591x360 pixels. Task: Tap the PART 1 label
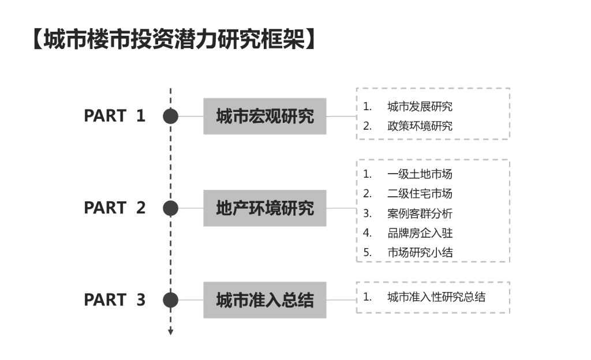(x=115, y=116)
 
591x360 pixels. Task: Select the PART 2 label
(x=115, y=208)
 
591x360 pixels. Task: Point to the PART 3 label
(x=115, y=300)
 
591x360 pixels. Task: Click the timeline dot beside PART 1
(x=170, y=117)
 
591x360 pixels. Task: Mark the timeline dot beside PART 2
(x=170, y=208)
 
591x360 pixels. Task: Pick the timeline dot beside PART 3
(x=170, y=300)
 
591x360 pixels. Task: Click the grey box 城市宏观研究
(x=264, y=117)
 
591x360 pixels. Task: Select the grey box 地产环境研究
(x=264, y=208)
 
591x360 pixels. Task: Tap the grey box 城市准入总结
(x=264, y=300)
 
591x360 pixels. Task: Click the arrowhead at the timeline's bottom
(x=170, y=331)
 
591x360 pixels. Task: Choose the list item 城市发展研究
(x=420, y=107)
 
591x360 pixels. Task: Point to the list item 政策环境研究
(x=420, y=126)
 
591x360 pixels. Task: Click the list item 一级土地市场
(x=420, y=174)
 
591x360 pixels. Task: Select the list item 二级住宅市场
(x=420, y=194)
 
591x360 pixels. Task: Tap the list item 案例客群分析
(x=420, y=213)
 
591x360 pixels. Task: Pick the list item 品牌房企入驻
(x=420, y=233)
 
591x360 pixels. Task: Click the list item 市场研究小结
(x=420, y=252)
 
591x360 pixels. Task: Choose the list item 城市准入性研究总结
(x=436, y=298)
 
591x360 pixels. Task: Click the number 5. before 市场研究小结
(x=367, y=252)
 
